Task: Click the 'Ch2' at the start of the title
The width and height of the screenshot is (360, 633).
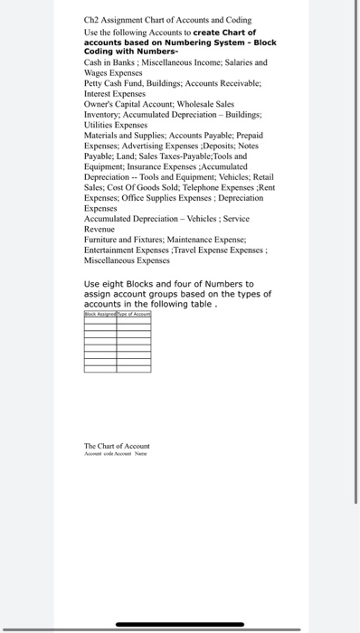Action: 92,19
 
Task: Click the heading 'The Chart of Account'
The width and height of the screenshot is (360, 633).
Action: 117,446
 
